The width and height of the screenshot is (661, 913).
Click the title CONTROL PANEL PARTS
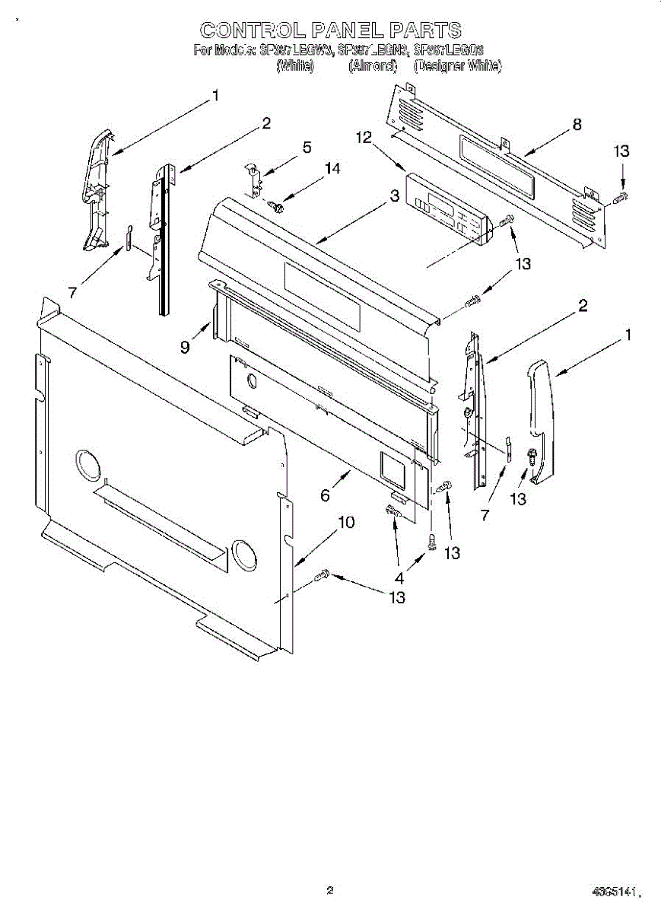pyautogui.click(x=330, y=30)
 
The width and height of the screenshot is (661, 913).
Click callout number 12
pyautogui.click(x=364, y=138)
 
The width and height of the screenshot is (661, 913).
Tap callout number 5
pyautogui.click(x=307, y=148)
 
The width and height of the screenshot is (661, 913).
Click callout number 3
pyautogui.click(x=394, y=196)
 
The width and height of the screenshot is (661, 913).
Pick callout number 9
pyautogui.click(x=185, y=348)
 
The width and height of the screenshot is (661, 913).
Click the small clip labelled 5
pyautogui.click(x=253, y=177)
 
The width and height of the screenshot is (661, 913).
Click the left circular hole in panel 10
pyautogui.click(x=87, y=465)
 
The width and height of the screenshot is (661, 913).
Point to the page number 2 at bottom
pyautogui.click(x=329, y=890)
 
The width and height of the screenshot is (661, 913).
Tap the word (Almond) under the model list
pyautogui.click(x=373, y=67)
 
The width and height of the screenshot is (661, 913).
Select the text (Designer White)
pyautogui.click(x=457, y=67)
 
